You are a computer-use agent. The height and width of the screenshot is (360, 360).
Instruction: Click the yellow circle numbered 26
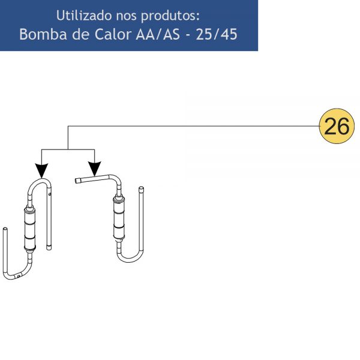click(337, 126)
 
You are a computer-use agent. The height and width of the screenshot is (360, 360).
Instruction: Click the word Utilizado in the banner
click(84, 16)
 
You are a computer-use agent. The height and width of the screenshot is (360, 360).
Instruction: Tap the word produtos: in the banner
click(170, 16)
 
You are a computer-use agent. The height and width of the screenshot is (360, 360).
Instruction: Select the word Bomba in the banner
click(43, 34)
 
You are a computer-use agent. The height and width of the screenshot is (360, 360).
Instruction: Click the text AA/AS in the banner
click(158, 34)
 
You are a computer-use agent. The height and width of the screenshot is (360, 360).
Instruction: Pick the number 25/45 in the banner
click(216, 35)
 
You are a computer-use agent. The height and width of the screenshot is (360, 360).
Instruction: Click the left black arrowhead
click(41, 170)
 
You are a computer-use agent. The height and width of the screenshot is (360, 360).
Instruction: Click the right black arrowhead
click(95, 169)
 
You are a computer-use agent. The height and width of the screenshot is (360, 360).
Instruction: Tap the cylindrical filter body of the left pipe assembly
click(30, 229)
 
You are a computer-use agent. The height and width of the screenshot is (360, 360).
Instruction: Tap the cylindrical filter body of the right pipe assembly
click(119, 218)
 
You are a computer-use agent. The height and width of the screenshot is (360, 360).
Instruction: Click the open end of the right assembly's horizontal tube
click(77, 181)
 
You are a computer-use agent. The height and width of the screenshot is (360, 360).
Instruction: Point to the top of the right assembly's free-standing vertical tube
click(142, 188)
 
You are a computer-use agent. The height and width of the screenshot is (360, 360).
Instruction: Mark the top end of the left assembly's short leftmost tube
click(5, 229)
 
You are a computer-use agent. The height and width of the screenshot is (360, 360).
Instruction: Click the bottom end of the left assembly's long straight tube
click(49, 248)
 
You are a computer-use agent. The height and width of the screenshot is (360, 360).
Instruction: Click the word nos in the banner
click(126, 16)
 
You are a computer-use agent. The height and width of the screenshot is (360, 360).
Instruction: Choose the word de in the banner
click(80, 34)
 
